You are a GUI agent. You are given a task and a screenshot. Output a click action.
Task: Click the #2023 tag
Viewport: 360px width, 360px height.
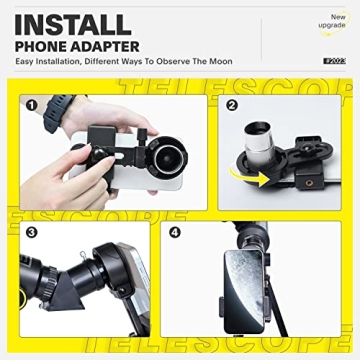[x=334, y=61]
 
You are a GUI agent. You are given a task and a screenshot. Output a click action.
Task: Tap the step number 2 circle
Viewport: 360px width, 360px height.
[x=232, y=104]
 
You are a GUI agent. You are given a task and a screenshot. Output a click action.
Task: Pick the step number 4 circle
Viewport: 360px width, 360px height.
[x=177, y=233]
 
